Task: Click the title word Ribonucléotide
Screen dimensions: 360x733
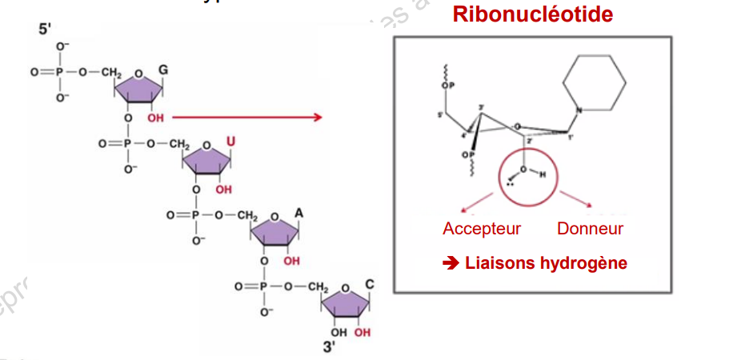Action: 533,14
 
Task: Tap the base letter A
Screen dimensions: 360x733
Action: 298,214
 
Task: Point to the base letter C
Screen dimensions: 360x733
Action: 369,285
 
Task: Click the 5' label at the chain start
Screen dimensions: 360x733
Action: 46,30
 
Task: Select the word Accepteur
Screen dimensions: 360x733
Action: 482,229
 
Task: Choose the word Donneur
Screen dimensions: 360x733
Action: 590,229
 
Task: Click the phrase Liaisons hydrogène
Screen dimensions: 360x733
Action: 545,263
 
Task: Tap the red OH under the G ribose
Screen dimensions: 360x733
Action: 154,118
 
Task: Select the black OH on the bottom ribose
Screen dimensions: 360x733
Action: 339,331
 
